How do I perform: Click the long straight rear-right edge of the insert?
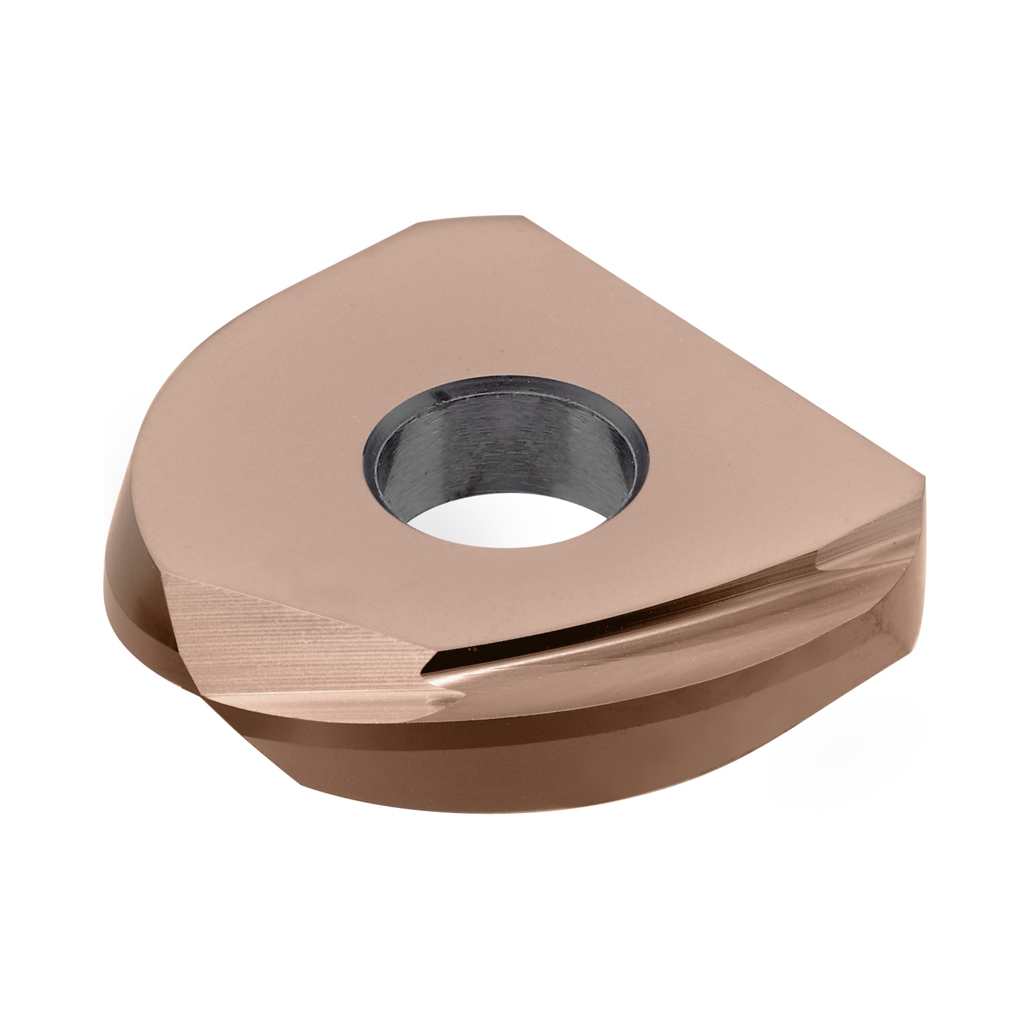727,348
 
